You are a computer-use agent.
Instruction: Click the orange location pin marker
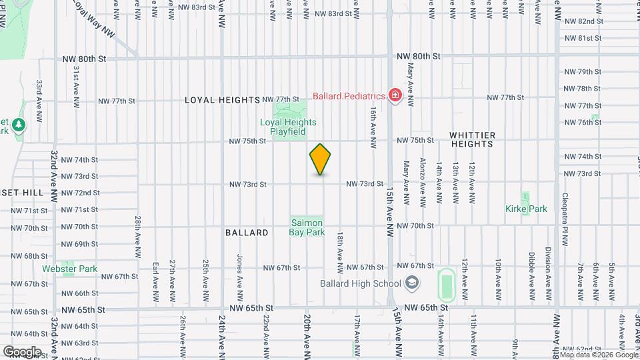click(x=321, y=159)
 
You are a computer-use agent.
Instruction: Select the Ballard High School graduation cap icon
click(x=412, y=283)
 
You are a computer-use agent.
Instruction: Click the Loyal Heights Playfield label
click(x=288, y=127)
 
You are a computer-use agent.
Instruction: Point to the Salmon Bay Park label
click(x=306, y=227)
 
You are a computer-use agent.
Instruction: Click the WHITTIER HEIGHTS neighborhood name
click(x=473, y=139)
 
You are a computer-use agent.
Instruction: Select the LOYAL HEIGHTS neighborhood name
click(x=222, y=100)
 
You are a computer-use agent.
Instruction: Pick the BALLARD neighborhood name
click(x=247, y=233)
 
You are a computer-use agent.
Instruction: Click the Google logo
click(x=22, y=351)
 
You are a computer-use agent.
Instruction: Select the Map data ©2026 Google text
click(x=598, y=354)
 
